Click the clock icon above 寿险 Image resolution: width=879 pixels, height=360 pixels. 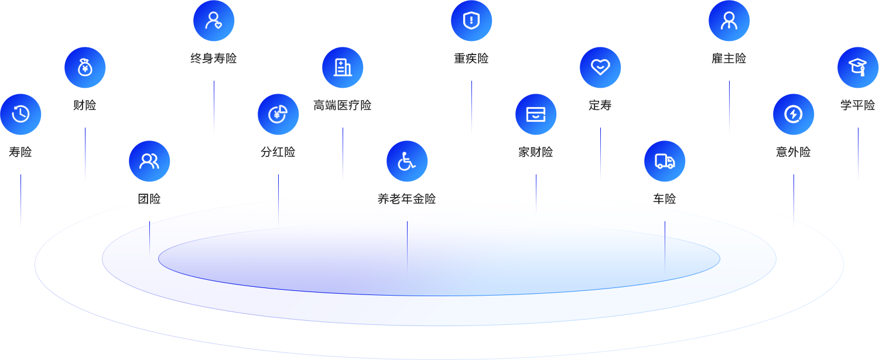click(x=20, y=114)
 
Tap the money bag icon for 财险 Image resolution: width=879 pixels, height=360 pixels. click(x=85, y=67)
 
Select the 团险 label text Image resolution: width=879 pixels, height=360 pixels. click(x=149, y=199)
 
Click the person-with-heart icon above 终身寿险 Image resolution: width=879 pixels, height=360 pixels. click(x=214, y=20)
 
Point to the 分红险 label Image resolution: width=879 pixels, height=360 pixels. click(x=278, y=152)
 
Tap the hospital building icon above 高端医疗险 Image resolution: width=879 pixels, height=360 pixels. click(x=343, y=67)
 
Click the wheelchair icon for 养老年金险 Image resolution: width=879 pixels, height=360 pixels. click(x=407, y=161)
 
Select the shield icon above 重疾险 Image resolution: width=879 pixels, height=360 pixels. click(x=471, y=20)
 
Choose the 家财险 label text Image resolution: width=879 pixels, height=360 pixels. click(x=536, y=152)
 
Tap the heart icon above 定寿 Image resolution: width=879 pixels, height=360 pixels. click(x=600, y=67)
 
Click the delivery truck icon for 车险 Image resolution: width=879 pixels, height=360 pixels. click(x=665, y=161)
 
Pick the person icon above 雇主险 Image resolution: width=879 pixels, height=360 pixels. click(x=729, y=20)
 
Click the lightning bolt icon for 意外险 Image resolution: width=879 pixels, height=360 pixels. click(x=794, y=114)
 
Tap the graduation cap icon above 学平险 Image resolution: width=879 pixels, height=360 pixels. click(x=858, y=67)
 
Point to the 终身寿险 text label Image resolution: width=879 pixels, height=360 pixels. click(x=214, y=59)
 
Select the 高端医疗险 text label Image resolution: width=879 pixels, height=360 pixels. click(x=343, y=105)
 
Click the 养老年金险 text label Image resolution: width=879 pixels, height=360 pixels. click(x=407, y=199)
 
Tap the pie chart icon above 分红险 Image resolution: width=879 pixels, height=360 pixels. click(x=278, y=114)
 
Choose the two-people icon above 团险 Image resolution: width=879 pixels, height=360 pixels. click(x=149, y=161)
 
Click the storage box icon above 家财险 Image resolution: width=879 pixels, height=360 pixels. click(x=536, y=114)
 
